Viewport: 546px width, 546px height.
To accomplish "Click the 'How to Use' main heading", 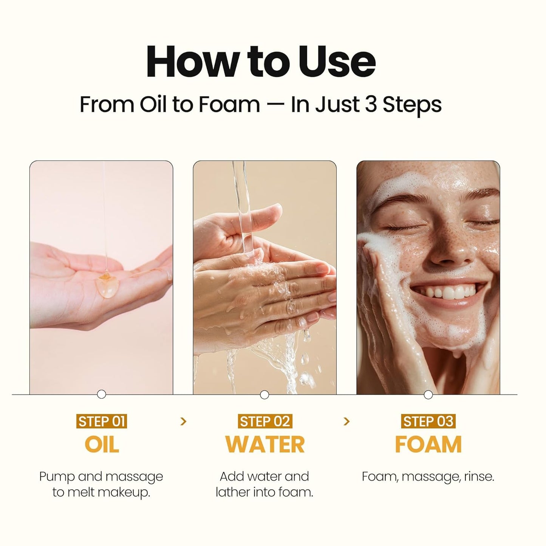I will [261, 62].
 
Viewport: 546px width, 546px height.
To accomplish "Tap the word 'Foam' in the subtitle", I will [229, 104].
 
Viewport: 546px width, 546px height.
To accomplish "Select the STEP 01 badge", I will [101, 421].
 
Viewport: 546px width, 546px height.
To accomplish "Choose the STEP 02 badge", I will [264, 421].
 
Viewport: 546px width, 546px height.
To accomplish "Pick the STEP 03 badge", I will [428, 421].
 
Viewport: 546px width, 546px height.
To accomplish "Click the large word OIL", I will [102, 444].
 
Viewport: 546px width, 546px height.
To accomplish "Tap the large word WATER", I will [264, 444].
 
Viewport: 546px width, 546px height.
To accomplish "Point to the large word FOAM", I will [428, 444].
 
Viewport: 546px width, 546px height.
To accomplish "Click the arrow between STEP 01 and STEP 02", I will [183, 421].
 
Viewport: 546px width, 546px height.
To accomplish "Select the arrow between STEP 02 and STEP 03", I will [346, 421].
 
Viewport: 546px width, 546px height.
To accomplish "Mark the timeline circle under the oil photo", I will [101, 394].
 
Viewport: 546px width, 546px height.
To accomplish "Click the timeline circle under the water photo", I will [264, 395].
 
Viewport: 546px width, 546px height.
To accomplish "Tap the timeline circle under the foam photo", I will [428, 395].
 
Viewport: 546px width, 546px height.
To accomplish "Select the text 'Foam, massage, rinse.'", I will [428, 476].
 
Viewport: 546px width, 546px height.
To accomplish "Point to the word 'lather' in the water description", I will [232, 492].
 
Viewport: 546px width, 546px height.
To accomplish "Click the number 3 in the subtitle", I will [371, 104].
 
